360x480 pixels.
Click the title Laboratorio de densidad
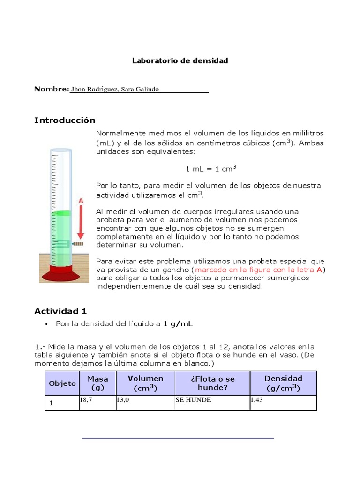pos(180,61)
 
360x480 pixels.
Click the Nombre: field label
pos(52,89)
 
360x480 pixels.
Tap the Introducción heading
pos(65,120)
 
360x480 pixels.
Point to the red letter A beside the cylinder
pos(81,201)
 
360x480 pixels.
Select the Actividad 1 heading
pos(60,311)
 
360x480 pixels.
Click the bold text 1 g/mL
pos(178,324)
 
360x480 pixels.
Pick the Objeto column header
pos(62,383)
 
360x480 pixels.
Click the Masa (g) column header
pos(97,383)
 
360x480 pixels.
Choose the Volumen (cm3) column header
pos(145,383)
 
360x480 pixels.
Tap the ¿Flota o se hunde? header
pos(212,383)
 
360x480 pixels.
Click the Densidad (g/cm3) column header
pos(283,383)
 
